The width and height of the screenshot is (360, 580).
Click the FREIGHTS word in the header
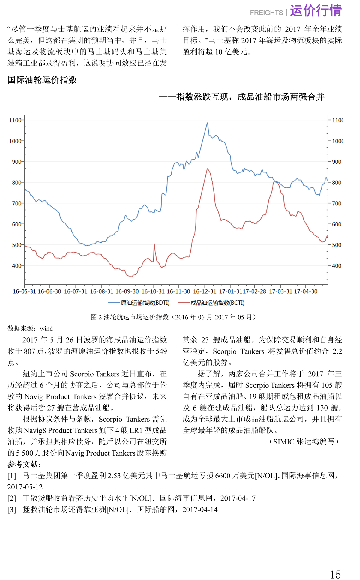(x=266, y=13)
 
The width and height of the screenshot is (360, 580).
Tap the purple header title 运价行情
(x=316, y=11)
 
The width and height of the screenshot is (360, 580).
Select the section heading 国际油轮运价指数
(x=42, y=80)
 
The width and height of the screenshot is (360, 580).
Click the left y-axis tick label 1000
(x=15, y=141)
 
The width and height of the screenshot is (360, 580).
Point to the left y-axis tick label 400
(x=16, y=266)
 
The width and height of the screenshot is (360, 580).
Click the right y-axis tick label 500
(x=337, y=245)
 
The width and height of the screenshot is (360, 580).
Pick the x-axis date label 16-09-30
(x=127, y=291)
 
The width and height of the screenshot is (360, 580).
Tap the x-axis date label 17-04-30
(x=306, y=291)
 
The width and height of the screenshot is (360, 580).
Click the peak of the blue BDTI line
(x=207, y=123)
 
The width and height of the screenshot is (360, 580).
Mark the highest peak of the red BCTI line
(x=207, y=169)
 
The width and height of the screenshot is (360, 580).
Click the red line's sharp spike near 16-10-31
(x=154, y=244)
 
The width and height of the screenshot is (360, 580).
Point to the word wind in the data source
(x=46, y=329)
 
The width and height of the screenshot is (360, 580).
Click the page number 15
(x=335, y=575)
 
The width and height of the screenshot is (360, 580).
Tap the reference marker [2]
(x=12, y=498)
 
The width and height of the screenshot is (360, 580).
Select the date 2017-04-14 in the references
(x=200, y=510)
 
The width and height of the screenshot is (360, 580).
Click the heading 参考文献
(x=24, y=464)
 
